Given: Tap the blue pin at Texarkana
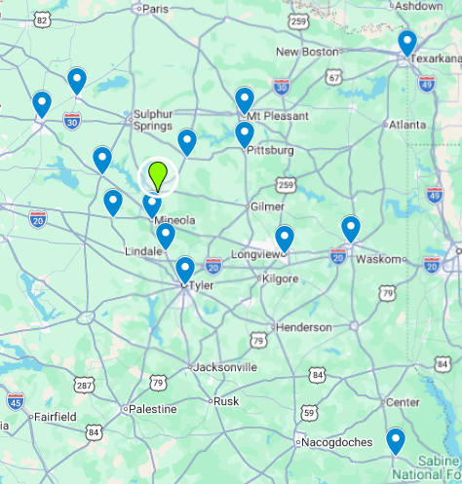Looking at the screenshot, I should click(x=407, y=43).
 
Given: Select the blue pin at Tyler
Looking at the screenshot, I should click(x=185, y=269).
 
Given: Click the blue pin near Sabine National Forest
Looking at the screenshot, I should click(x=395, y=440).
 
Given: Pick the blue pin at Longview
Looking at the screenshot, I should click(x=284, y=238).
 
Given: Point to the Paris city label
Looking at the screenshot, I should click(x=156, y=9).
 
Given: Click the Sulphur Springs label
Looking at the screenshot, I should click(x=153, y=120).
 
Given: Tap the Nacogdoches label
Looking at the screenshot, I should click(x=336, y=442).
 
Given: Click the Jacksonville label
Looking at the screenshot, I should click(x=225, y=367).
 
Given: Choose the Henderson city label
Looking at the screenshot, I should click(x=304, y=327).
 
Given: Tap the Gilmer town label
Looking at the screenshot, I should click(x=267, y=206).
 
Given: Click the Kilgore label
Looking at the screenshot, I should click(x=281, y=279).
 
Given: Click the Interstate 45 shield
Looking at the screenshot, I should click(x=15, y=399).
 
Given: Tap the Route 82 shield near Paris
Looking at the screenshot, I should click(x=41, y=19).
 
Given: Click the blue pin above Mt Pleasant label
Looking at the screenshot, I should click(x=245, y=99).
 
